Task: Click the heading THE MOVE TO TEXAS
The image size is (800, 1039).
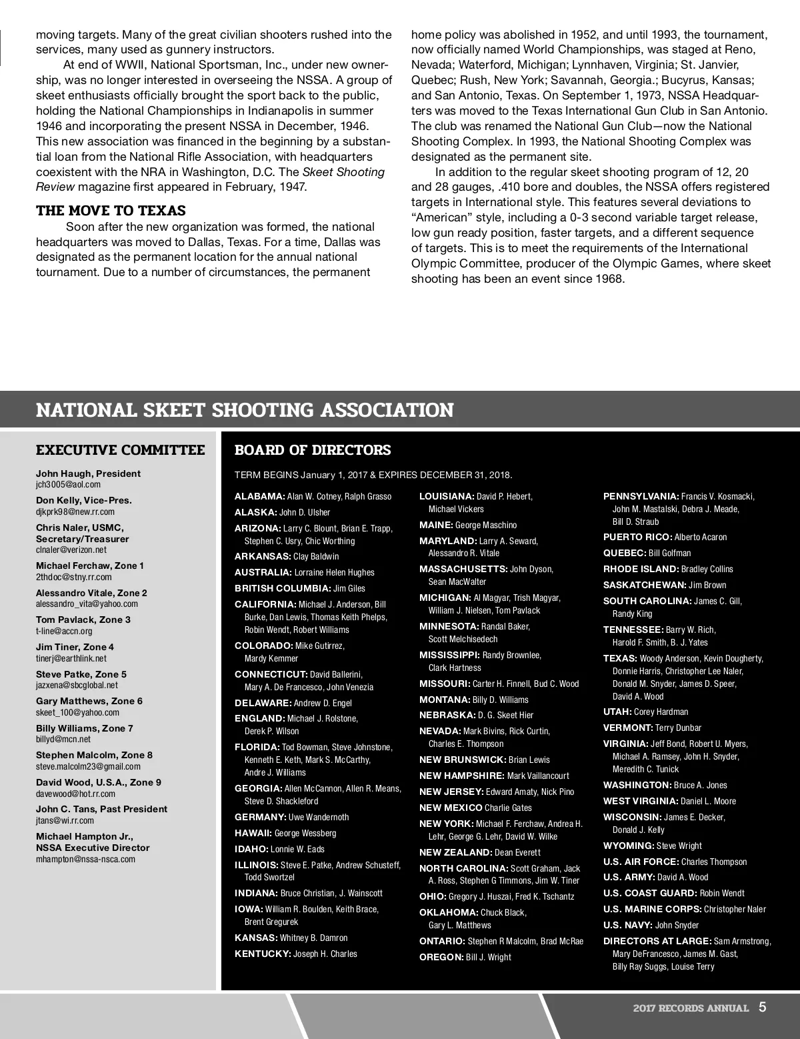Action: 111,211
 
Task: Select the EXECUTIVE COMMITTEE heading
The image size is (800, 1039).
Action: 120,450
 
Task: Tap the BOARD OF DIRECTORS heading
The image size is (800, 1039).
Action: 313,450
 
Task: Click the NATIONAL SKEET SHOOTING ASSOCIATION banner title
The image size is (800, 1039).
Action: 244,409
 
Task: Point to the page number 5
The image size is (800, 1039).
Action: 762,1007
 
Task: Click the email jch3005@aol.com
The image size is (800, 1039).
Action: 68,485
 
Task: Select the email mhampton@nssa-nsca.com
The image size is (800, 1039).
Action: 85,859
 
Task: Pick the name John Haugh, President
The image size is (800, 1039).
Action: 88,473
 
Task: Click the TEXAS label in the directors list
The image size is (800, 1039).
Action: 620,658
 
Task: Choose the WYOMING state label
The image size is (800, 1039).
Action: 629,846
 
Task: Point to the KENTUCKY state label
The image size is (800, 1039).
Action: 263,954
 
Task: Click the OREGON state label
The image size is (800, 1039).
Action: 441,957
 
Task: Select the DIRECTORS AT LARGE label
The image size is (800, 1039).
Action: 657,941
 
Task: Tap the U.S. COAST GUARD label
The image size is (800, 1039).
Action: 650,893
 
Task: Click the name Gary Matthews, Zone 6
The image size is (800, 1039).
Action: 89,701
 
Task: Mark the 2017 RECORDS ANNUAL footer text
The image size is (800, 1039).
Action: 691,1008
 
